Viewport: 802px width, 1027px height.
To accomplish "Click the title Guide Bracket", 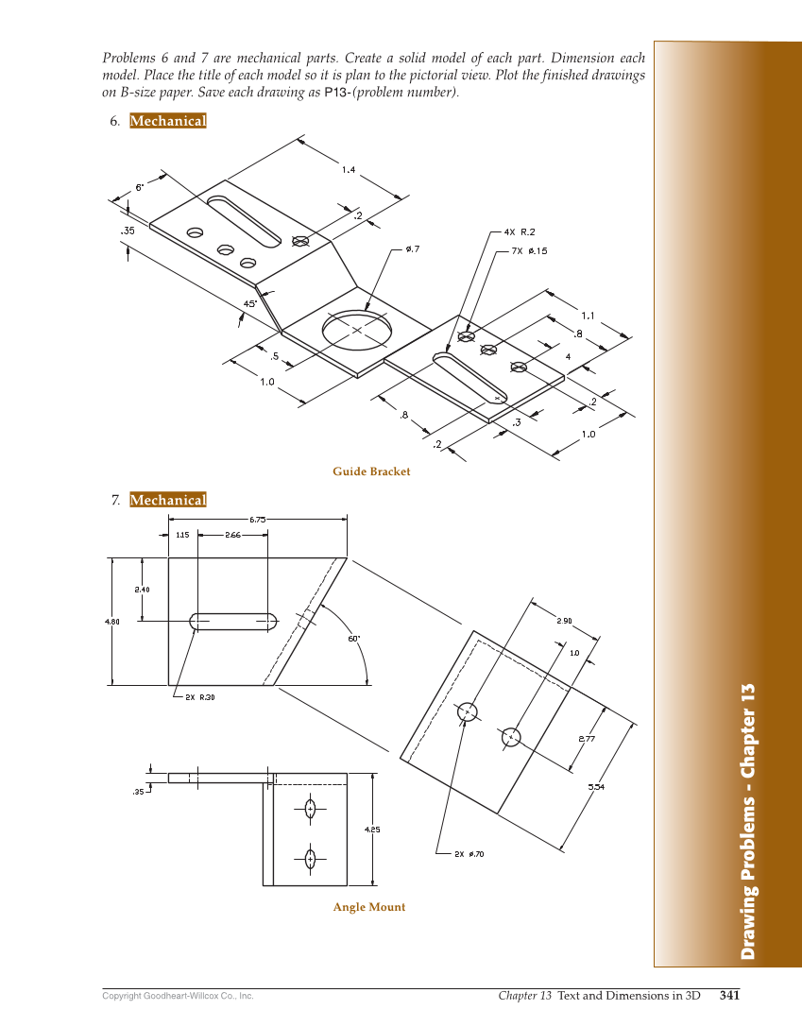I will pyautogui.click(x=371, y=471).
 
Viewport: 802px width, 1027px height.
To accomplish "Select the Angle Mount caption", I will pyautogui.click(x=368, y=907).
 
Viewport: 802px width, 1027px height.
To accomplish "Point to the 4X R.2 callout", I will pyautogui.click(x=520, y=231).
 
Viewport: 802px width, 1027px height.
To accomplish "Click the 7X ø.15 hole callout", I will pyautogui.click(x=529, y=251).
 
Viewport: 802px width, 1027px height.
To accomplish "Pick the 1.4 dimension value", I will pyautogui.click(x=349, y=170).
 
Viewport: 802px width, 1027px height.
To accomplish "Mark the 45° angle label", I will pyautogui.click(x=250, y=303).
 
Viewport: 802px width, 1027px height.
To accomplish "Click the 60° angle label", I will pyautogui.click(x=353, y=639).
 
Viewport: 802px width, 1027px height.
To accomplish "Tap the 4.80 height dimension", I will pyautogui.click(x=111, y=622).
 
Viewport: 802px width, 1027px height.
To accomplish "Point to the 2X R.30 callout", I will pyautogui.click(x=200, y=697).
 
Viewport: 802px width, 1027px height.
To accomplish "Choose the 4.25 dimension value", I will pyautogui.click(x=372, y=830).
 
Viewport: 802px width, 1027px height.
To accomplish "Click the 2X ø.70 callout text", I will pyautogui.click(x=469, y=854).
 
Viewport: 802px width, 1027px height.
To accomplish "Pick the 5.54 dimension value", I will pyautogui.click(x=596, y=786).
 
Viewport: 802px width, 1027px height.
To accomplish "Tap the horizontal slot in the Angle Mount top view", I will pyautogui.click(x=233, y=621).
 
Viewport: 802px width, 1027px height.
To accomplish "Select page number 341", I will pyautogui.click(x=729, y=995).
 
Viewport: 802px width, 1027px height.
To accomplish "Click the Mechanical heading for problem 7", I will pyautogui.click(x=168, y=500).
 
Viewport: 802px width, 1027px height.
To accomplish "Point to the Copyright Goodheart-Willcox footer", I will pyautogui.click(x=178, y=996).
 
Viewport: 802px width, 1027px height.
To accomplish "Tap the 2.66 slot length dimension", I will pyautogui.click(x=232, y=535).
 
